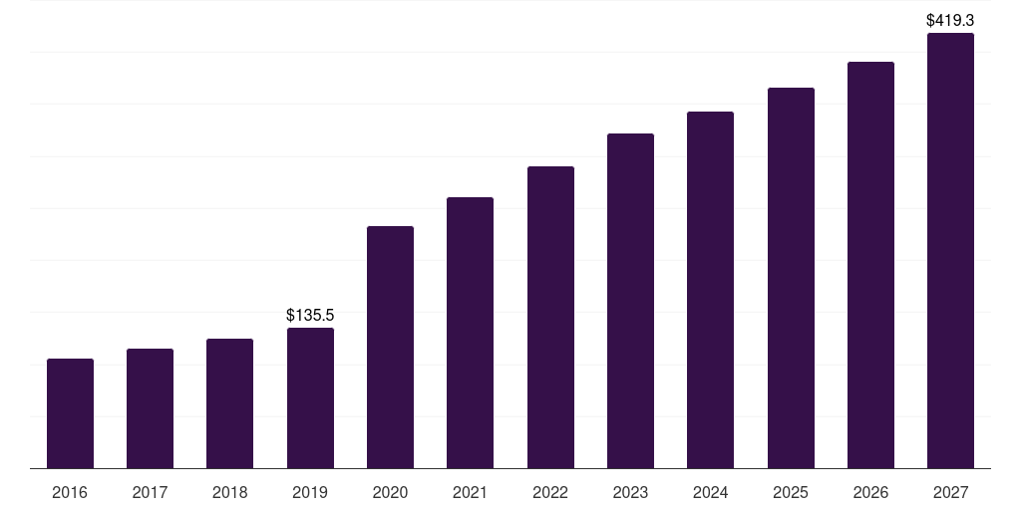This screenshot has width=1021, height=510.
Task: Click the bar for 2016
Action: click(x=70, y=413)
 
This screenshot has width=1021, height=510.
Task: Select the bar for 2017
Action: click(x=150, y=408)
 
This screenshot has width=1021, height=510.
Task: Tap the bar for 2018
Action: click(x=230, y=403)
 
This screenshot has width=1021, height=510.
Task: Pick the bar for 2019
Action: click(x=310, y=398)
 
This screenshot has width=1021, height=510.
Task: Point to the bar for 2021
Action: click(x=470, y=333)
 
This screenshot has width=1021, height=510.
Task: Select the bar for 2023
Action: click(x=630, y=301)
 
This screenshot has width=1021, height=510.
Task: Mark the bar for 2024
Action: click(x=710, y=290)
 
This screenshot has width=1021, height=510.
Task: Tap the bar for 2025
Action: click(x=791, y=278)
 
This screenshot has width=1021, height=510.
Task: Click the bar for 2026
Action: click(x=870, y=265)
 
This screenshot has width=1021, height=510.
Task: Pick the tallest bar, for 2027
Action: click(x=950, y=251)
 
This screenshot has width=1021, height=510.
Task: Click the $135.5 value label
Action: click(x=310, y=315)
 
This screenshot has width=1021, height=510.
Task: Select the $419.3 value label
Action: click(x=950, y=20)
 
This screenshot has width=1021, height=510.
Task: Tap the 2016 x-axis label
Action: click(x=70, y=492)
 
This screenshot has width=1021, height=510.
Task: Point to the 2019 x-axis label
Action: click(x=310, y=492)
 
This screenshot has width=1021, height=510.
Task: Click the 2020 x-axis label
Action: click(x=390, y=492)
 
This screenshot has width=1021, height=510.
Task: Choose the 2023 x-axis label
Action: click(x=630, y=492)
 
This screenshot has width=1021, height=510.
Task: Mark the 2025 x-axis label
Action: click(x=791, y=492)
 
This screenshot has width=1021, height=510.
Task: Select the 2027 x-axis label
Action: click(x=950, y=492)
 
